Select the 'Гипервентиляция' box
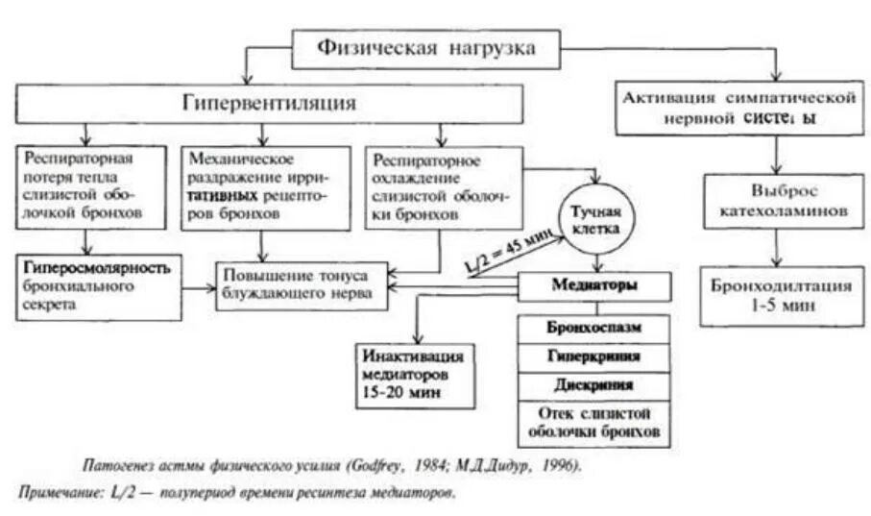click(x=269, y=103)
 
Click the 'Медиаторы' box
click(x=594, y=285)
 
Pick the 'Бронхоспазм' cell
click(x=594, y=327)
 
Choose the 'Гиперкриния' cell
click(x=594, y=356)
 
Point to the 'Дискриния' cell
click(x=594, y=385)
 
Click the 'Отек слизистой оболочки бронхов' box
click(x=594, y=423)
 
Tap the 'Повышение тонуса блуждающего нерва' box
click(x=303, y=284)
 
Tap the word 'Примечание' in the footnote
click(x=54, y=494)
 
